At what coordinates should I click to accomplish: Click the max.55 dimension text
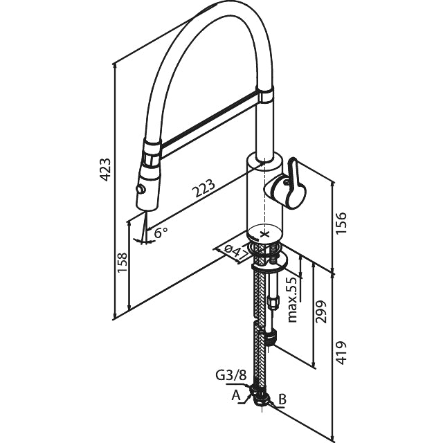(x=292, y=299)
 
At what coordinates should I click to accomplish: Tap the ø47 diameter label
(x=235, y=251)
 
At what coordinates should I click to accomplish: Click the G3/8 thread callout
(x=231, y=376)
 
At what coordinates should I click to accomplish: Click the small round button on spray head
(x=142, y=189)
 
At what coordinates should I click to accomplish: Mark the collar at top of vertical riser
(x=266, y=93)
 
